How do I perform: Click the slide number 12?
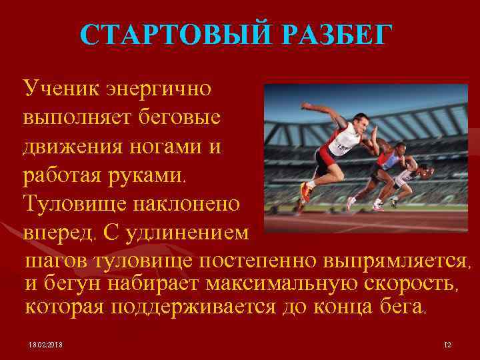pos(447,344)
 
